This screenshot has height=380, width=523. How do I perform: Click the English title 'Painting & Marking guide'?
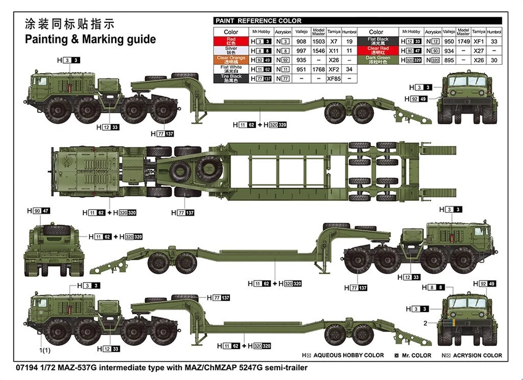pos(90,39)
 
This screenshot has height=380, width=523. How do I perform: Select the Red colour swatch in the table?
pos(231,41)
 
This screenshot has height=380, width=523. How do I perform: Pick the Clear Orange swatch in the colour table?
pos(231,59)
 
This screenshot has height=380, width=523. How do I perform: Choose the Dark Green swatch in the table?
pos(378,59)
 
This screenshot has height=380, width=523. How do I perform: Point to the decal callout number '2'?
pos(425,323)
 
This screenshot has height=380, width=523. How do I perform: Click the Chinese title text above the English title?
pos(69,24)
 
